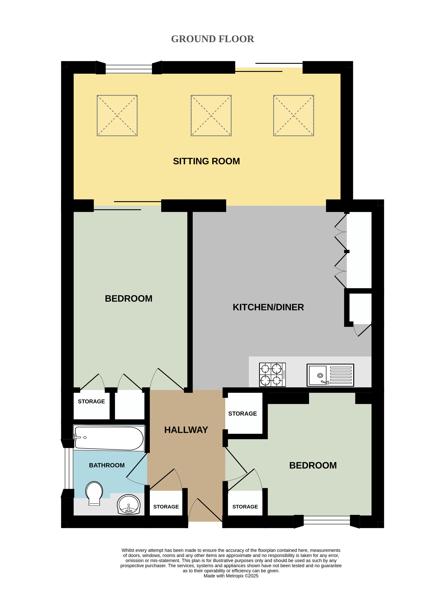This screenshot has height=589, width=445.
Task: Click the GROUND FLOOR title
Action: coord(213,39)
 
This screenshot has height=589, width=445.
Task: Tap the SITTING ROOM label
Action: coord(206,161)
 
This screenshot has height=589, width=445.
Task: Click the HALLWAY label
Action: coord(186,430)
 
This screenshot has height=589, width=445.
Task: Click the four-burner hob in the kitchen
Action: coord(272,375)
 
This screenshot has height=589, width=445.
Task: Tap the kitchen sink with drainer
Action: coord(330,375)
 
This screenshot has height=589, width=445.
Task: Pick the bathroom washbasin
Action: coord(129,505)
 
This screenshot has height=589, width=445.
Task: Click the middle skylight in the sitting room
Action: coord(211,116)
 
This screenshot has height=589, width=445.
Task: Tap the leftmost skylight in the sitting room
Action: coord(117,116)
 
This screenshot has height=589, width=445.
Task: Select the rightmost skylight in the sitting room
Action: coord(293,116)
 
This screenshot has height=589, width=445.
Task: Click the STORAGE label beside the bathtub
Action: coord(91,401)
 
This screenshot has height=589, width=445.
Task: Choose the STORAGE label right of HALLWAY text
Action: coord(242,413)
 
